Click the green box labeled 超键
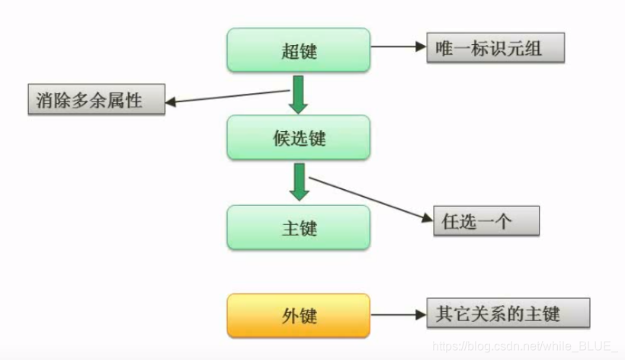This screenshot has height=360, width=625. [298, 50]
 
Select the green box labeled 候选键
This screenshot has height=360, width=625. [298, 138]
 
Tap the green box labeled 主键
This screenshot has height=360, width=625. [298, 227]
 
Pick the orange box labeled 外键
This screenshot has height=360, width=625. [298, 315]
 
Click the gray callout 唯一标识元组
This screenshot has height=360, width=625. [495, 47]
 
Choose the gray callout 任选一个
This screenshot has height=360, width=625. [486, 221]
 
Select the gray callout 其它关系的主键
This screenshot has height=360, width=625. [508, 313]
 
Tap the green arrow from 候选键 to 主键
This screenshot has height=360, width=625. [300, 182]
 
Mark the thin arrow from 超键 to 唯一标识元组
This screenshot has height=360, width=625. [397, 47]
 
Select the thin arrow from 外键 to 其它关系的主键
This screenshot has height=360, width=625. [397, 314]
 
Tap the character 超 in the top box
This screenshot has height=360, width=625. [289, 51]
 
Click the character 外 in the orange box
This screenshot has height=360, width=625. [289, 316]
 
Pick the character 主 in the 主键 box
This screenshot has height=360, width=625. [289, 228]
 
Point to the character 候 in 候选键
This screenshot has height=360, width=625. [281, 139]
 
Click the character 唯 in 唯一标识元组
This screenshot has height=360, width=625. [444, 47]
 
